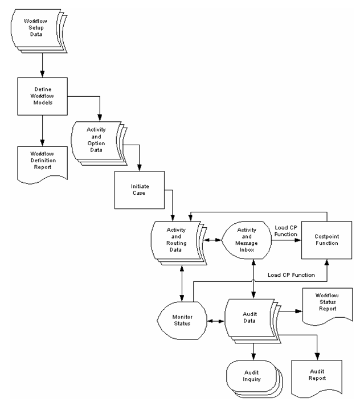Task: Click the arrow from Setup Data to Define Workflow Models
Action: click(42, 66)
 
